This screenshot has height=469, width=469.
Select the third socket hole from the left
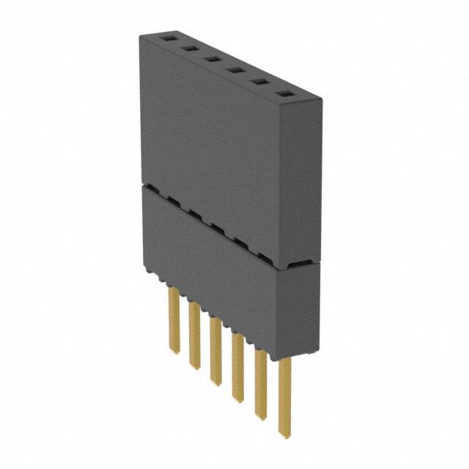pyautogui.click(x=211, y=59)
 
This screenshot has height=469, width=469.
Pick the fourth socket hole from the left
pyautogui.click(x=234, y=70)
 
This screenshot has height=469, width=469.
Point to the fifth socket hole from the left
pyautogui.click(x=259, y=82)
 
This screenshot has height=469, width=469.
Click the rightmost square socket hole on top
pyautogui.click(x=283, y=94)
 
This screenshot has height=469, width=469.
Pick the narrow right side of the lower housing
pyautogui.click(x=307, y=308)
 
